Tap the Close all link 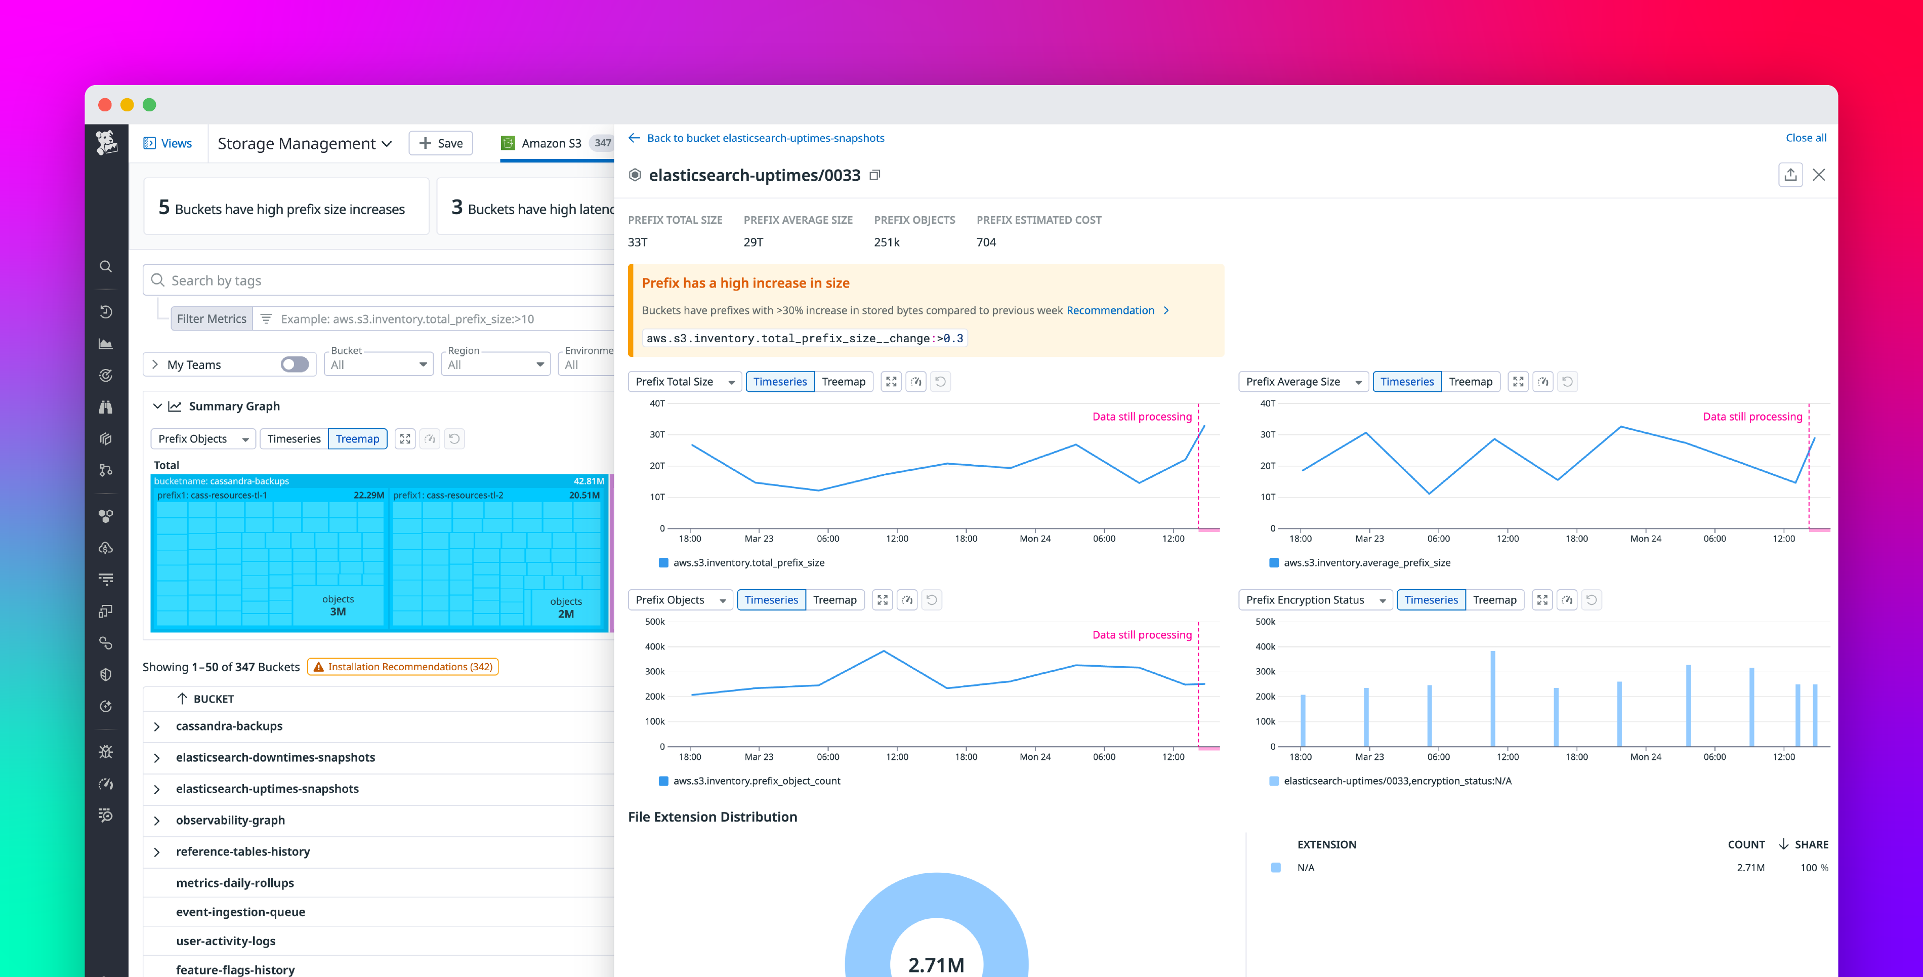(1805, 138)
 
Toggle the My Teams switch (294, 364)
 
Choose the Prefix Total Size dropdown (684, 382)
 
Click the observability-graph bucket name (230, 820)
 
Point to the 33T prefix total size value (638, 242)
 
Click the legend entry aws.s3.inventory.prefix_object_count (756, 781)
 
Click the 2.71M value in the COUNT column (1750, 868)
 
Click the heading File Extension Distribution (712, 817)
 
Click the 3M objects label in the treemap (338, 612)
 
